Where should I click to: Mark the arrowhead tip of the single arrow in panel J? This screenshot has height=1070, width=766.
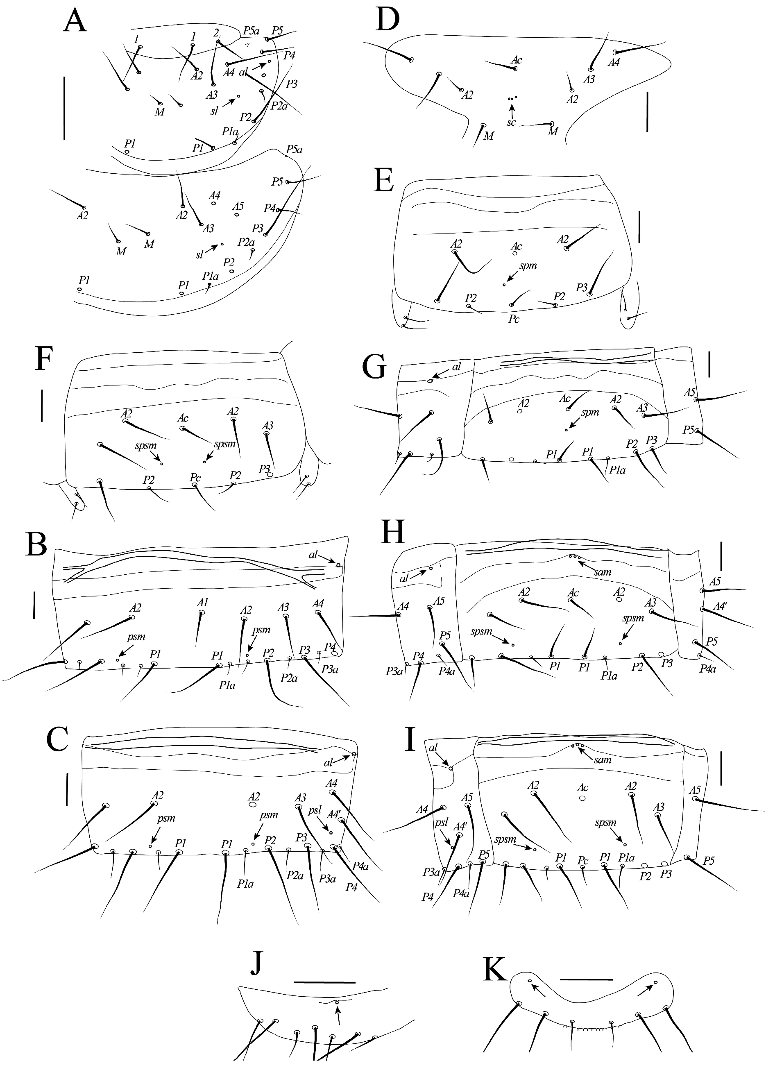(337, 1005)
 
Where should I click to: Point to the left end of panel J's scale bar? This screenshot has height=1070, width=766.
(294, 979)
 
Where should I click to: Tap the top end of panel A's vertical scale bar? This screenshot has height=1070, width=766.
(64, 79)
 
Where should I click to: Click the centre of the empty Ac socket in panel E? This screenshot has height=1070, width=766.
(515, 253)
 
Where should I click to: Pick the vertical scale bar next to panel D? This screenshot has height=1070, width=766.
(647, 111)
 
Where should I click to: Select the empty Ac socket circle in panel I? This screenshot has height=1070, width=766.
(582, 798)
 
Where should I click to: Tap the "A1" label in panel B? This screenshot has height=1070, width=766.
(202, 602)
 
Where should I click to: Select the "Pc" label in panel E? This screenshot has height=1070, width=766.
(514, 319)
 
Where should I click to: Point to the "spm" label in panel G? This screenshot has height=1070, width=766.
(589, 413)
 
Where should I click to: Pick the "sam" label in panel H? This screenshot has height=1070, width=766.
(602, 572)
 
